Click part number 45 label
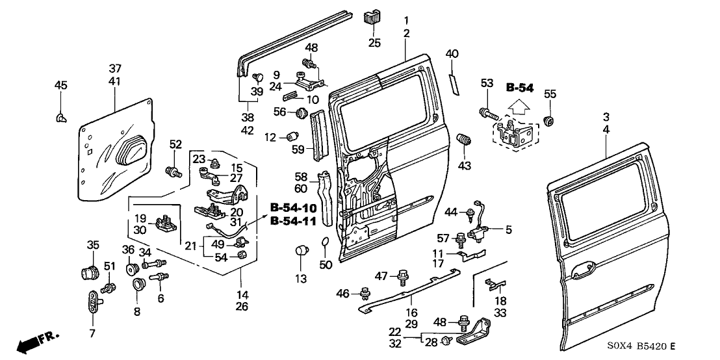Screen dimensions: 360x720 coord(60,85)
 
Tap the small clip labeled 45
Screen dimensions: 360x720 coord(60,117)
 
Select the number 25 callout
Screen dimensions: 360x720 coord(374,43)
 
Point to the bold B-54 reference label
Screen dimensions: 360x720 coord(520,87)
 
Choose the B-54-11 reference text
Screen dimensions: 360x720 coord(294,221)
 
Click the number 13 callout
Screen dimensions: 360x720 coord(300,279)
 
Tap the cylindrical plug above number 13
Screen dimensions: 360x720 coord(301,251)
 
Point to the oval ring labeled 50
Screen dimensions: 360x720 coord(326,244)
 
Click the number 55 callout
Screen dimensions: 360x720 coord(550,94)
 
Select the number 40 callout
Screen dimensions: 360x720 coord(452,53)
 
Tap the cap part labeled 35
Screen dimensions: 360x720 coord(89,271)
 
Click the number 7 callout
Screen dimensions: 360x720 coord(92,333)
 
